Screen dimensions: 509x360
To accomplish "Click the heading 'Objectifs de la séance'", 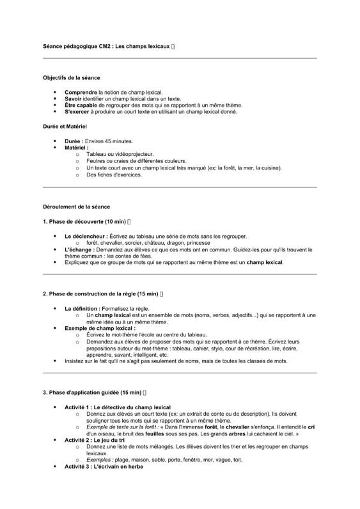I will (72, 77).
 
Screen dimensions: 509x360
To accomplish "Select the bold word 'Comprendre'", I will (81, 93).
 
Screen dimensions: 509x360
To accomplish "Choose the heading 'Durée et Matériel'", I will (65, 127).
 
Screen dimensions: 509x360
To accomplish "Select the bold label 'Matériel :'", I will (77, 148).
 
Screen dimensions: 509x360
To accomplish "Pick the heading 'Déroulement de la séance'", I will (76, 207).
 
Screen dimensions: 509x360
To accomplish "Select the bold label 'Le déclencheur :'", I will (86, 236).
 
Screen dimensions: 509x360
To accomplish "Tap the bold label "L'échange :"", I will (80, 249).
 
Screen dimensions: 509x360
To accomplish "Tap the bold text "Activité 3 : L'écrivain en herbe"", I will (104, 466).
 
